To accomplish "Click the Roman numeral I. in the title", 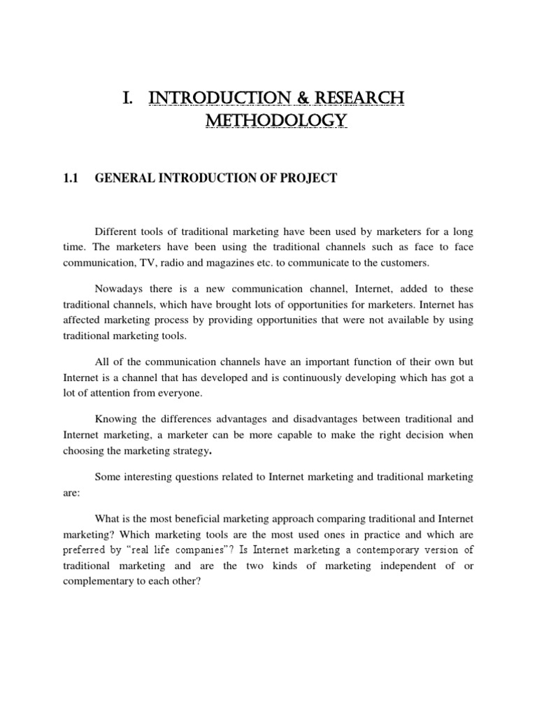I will tap(128, 97).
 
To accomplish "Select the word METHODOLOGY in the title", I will tap(275, 122).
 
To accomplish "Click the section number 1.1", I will tap(71, 178).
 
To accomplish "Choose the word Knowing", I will tap(114, 420).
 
